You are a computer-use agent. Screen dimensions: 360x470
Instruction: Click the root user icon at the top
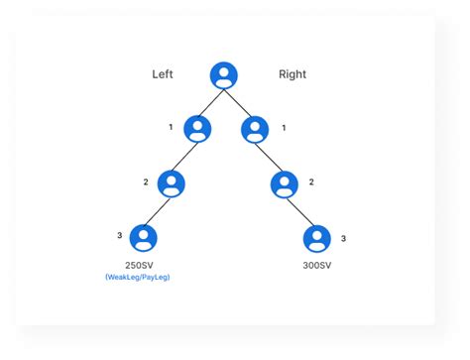pos(225,75)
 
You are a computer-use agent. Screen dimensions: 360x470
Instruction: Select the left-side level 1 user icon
pos(198,129)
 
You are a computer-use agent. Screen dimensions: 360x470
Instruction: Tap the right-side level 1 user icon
pos(255,129)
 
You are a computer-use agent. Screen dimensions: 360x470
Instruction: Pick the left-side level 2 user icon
pos(172,183)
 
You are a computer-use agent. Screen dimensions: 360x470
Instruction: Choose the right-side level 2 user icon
pos(284,183)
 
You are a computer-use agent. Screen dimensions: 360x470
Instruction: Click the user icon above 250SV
pos(144,238)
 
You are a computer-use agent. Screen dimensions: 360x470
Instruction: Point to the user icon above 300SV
pos(316,238)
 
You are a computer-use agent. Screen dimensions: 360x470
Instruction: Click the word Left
pos(164,74)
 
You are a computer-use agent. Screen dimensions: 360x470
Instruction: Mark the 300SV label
pos(316,266)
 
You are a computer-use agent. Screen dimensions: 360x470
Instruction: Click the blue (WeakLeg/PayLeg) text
pos(144,279)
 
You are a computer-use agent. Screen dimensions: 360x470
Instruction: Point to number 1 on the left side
pos(171,128)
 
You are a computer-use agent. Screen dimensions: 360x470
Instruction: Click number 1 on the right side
pos(286,128)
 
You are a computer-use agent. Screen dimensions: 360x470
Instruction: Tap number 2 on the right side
pos(311,181)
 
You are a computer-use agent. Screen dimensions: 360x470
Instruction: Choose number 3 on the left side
pos(119,235)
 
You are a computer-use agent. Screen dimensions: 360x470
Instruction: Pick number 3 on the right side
pos(343,238)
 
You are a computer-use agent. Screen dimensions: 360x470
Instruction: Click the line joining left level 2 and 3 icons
pos(158,211)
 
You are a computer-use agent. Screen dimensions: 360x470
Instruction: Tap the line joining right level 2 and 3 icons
pos(299,210)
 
